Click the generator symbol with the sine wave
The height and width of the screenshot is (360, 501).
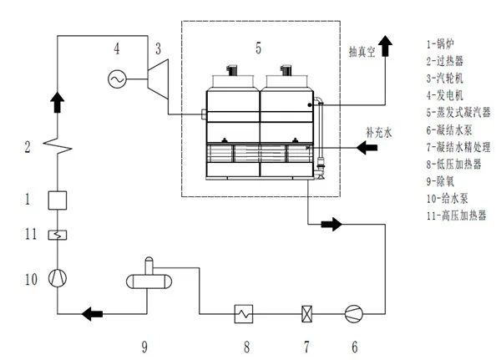pyautogui.click(x=116, y=79)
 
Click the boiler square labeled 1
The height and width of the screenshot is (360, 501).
pyautogui.click(x=56, y=200)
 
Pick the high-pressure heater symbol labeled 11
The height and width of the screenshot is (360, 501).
pyautogui.click(x=56, y=236)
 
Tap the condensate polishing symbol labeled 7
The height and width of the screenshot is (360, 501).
pyautogui.click(x=306, y=315)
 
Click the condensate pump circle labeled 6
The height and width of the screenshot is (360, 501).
pyautogui.click(x=354, y=315)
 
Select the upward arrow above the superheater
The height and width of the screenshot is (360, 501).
pyautogui.click(x=56, y=102)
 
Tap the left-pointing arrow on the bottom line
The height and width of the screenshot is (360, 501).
pyautogui.click(x=91, y=315)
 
